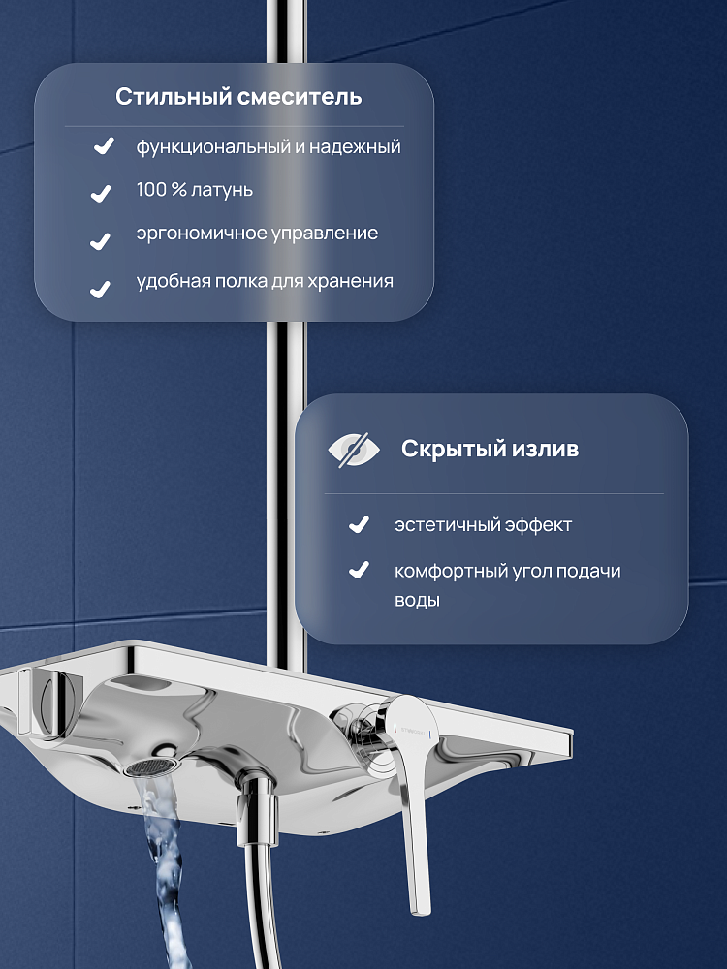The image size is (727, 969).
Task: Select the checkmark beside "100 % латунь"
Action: [101, 194]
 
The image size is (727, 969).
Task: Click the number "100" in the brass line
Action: [151, 189]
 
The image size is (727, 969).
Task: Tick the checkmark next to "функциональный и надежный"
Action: [104, 146]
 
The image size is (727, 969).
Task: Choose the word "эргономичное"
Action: [197, 234]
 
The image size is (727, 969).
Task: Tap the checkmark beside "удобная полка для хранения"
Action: [100, 289]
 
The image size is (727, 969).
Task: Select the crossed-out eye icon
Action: [354, 450]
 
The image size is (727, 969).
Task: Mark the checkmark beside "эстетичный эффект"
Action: [360, 524]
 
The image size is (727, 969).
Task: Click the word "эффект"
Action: [538, 525]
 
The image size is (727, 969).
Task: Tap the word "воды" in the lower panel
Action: [417, 601]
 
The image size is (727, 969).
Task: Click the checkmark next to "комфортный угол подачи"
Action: [360, 570]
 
